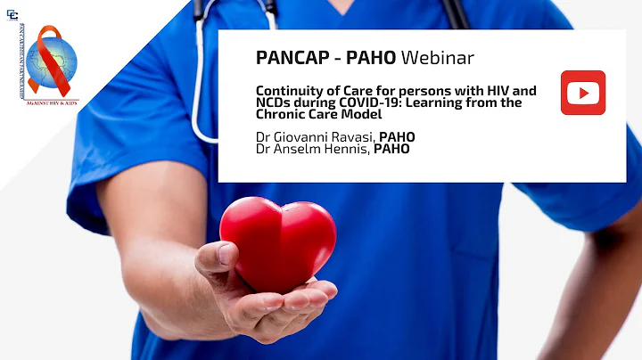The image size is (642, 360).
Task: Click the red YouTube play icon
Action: coord(583,93)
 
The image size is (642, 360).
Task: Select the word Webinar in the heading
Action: coord(437,58)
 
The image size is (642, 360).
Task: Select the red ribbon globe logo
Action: coord(52,61)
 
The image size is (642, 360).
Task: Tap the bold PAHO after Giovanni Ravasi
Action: coord(397,136)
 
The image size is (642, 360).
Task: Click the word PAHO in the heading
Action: coord(366,58)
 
